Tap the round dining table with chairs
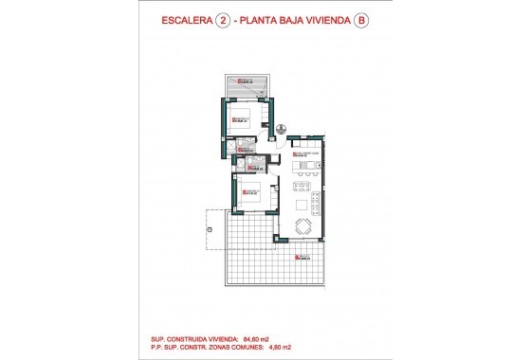click(303, 226)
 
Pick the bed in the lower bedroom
click(250, 197)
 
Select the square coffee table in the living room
click(303, 205)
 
